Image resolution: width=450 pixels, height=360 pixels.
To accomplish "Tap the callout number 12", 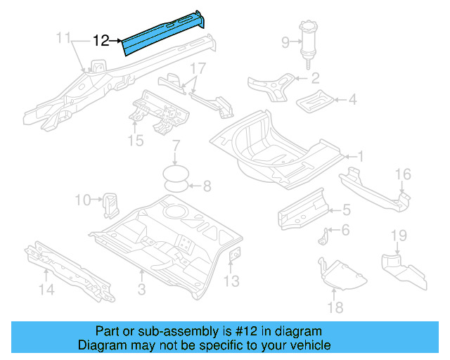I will (101, 41).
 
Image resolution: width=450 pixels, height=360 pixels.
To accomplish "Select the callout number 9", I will (285, 43).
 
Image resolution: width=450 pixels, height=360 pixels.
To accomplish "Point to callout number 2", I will (315, 78).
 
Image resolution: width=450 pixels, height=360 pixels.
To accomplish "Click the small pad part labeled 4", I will (316, 101).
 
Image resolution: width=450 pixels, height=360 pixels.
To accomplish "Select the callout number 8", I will (207, 186).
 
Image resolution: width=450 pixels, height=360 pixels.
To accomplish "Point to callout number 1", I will (361, 156).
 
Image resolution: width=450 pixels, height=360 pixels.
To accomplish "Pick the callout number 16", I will (401, 174).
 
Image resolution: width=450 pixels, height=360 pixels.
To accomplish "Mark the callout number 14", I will (46, 289).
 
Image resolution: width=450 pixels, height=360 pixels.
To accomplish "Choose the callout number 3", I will (141, 290).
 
